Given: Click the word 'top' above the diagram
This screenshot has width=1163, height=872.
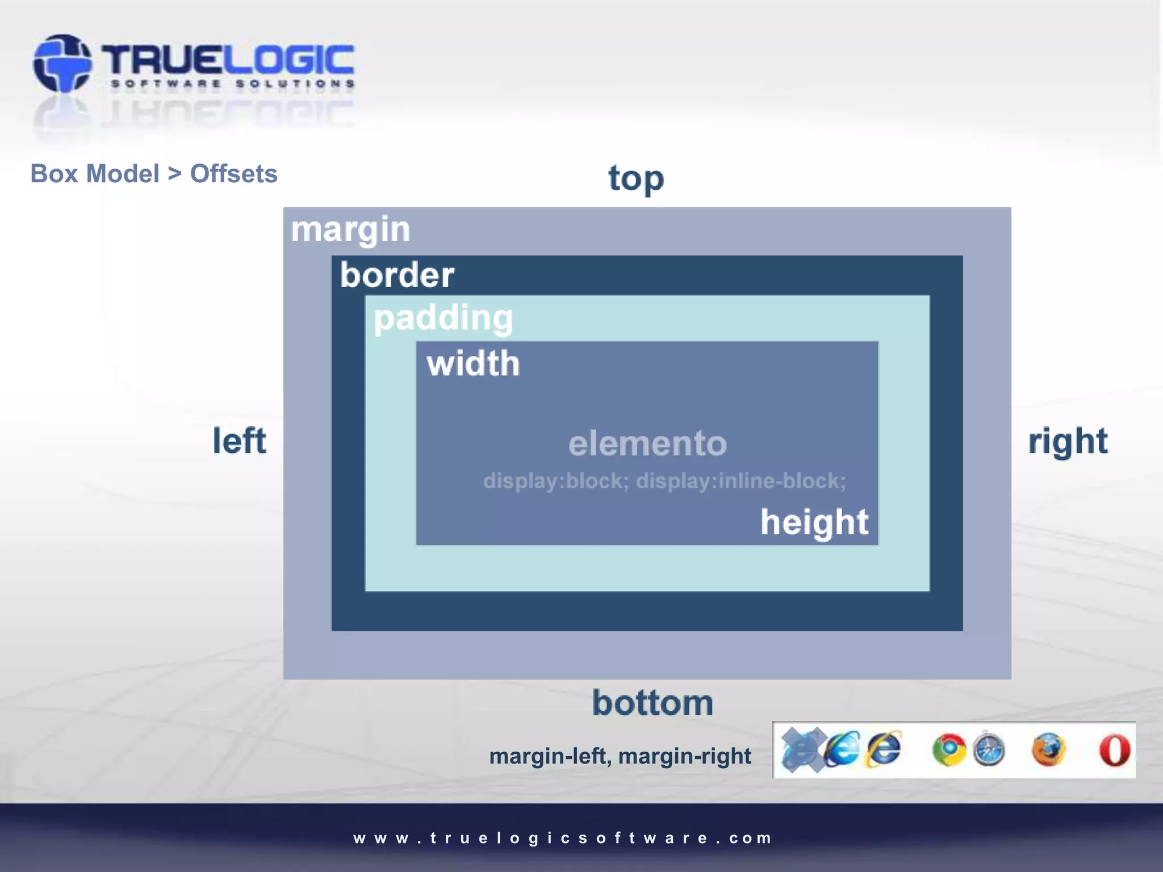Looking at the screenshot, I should point(636,179).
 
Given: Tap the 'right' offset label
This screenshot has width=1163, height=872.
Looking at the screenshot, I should point(1068,441).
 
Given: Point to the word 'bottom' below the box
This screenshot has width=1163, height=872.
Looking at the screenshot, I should point(652,703).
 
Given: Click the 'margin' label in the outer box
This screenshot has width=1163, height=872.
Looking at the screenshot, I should point(350,230).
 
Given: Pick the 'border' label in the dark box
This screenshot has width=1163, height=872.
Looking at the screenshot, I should point(397,275).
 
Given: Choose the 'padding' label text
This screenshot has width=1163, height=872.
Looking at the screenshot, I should point(443,318).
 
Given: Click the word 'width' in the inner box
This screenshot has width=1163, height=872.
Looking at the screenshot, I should point(473,363).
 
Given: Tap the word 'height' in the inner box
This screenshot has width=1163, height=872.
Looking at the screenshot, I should point(814,522).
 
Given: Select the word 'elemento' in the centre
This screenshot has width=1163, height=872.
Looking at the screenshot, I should point(647,443).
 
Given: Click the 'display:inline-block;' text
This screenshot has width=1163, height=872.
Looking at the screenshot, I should point(741,481).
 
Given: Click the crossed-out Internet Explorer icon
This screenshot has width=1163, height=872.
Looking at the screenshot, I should point(802,750).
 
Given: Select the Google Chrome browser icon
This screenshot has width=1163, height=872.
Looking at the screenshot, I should point(948,750).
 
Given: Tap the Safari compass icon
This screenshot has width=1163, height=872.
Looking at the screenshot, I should point(989,750).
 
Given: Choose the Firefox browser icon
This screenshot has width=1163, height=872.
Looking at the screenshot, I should point(1048,750).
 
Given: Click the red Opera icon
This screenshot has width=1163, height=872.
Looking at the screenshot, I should point(1114,750).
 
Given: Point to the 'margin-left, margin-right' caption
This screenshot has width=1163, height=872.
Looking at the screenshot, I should point(620,756).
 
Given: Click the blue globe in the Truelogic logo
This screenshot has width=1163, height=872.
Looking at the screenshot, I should point(62,64).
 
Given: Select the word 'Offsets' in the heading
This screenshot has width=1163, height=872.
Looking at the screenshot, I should point(233,174).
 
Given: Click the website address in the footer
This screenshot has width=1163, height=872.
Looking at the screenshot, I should point(562,838).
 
